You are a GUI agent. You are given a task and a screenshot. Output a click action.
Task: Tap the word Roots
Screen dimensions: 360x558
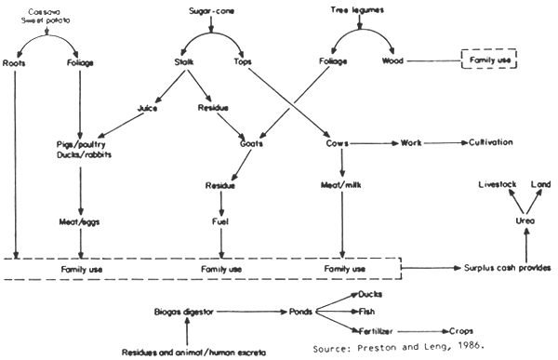coord(17,63)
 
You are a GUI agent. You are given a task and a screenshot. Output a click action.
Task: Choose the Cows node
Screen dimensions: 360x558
coord(339,144)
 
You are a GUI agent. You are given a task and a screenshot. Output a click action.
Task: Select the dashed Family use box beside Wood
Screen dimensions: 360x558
coord(489,62)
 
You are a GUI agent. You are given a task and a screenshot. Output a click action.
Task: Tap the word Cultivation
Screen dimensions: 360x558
coord(491,144)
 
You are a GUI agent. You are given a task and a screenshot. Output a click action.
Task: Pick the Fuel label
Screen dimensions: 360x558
coord(221,223)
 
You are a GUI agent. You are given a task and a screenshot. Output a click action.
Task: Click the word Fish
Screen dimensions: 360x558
coord(370,312)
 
